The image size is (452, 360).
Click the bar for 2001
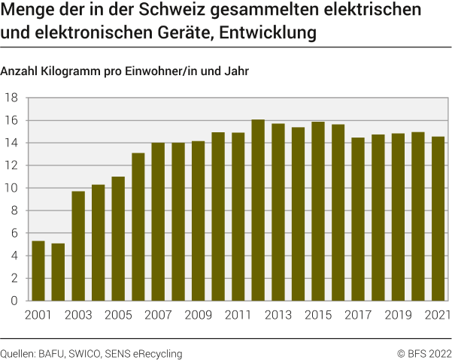pos(38,271)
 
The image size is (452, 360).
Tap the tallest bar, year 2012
pos(258,210)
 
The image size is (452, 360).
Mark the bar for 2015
pos(318,211)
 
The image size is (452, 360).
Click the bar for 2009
pos(198,221)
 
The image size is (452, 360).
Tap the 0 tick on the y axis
pos(14,301)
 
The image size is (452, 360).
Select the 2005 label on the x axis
pos(117,315)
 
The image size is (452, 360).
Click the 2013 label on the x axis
pos(278,315)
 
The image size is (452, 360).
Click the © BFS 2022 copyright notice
pos(425,352)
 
